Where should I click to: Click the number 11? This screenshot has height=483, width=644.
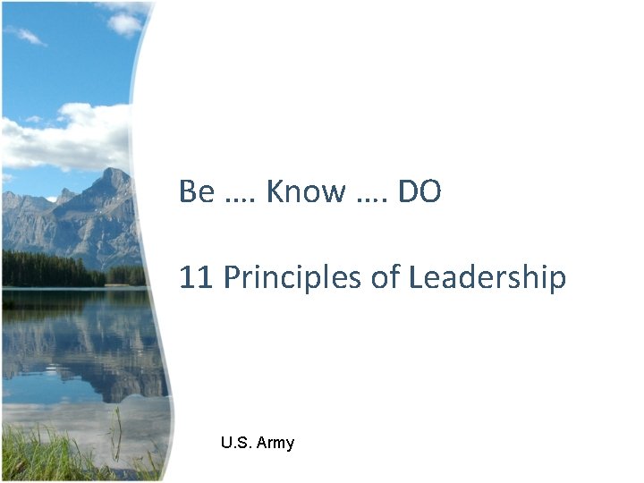195,278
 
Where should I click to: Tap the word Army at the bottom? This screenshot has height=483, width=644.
275,443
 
